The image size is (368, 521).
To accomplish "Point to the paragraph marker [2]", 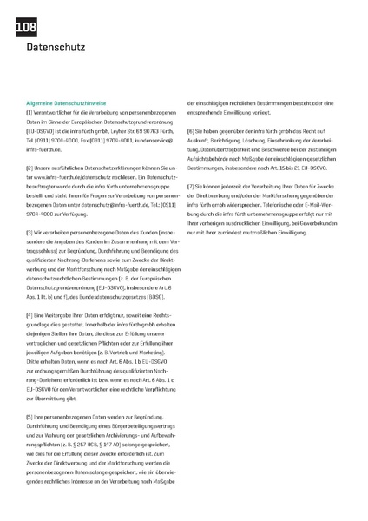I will tap(30, 167).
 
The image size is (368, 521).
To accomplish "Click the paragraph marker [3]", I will tap(30, 230).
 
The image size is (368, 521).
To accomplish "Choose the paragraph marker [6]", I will tap(191, 129).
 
